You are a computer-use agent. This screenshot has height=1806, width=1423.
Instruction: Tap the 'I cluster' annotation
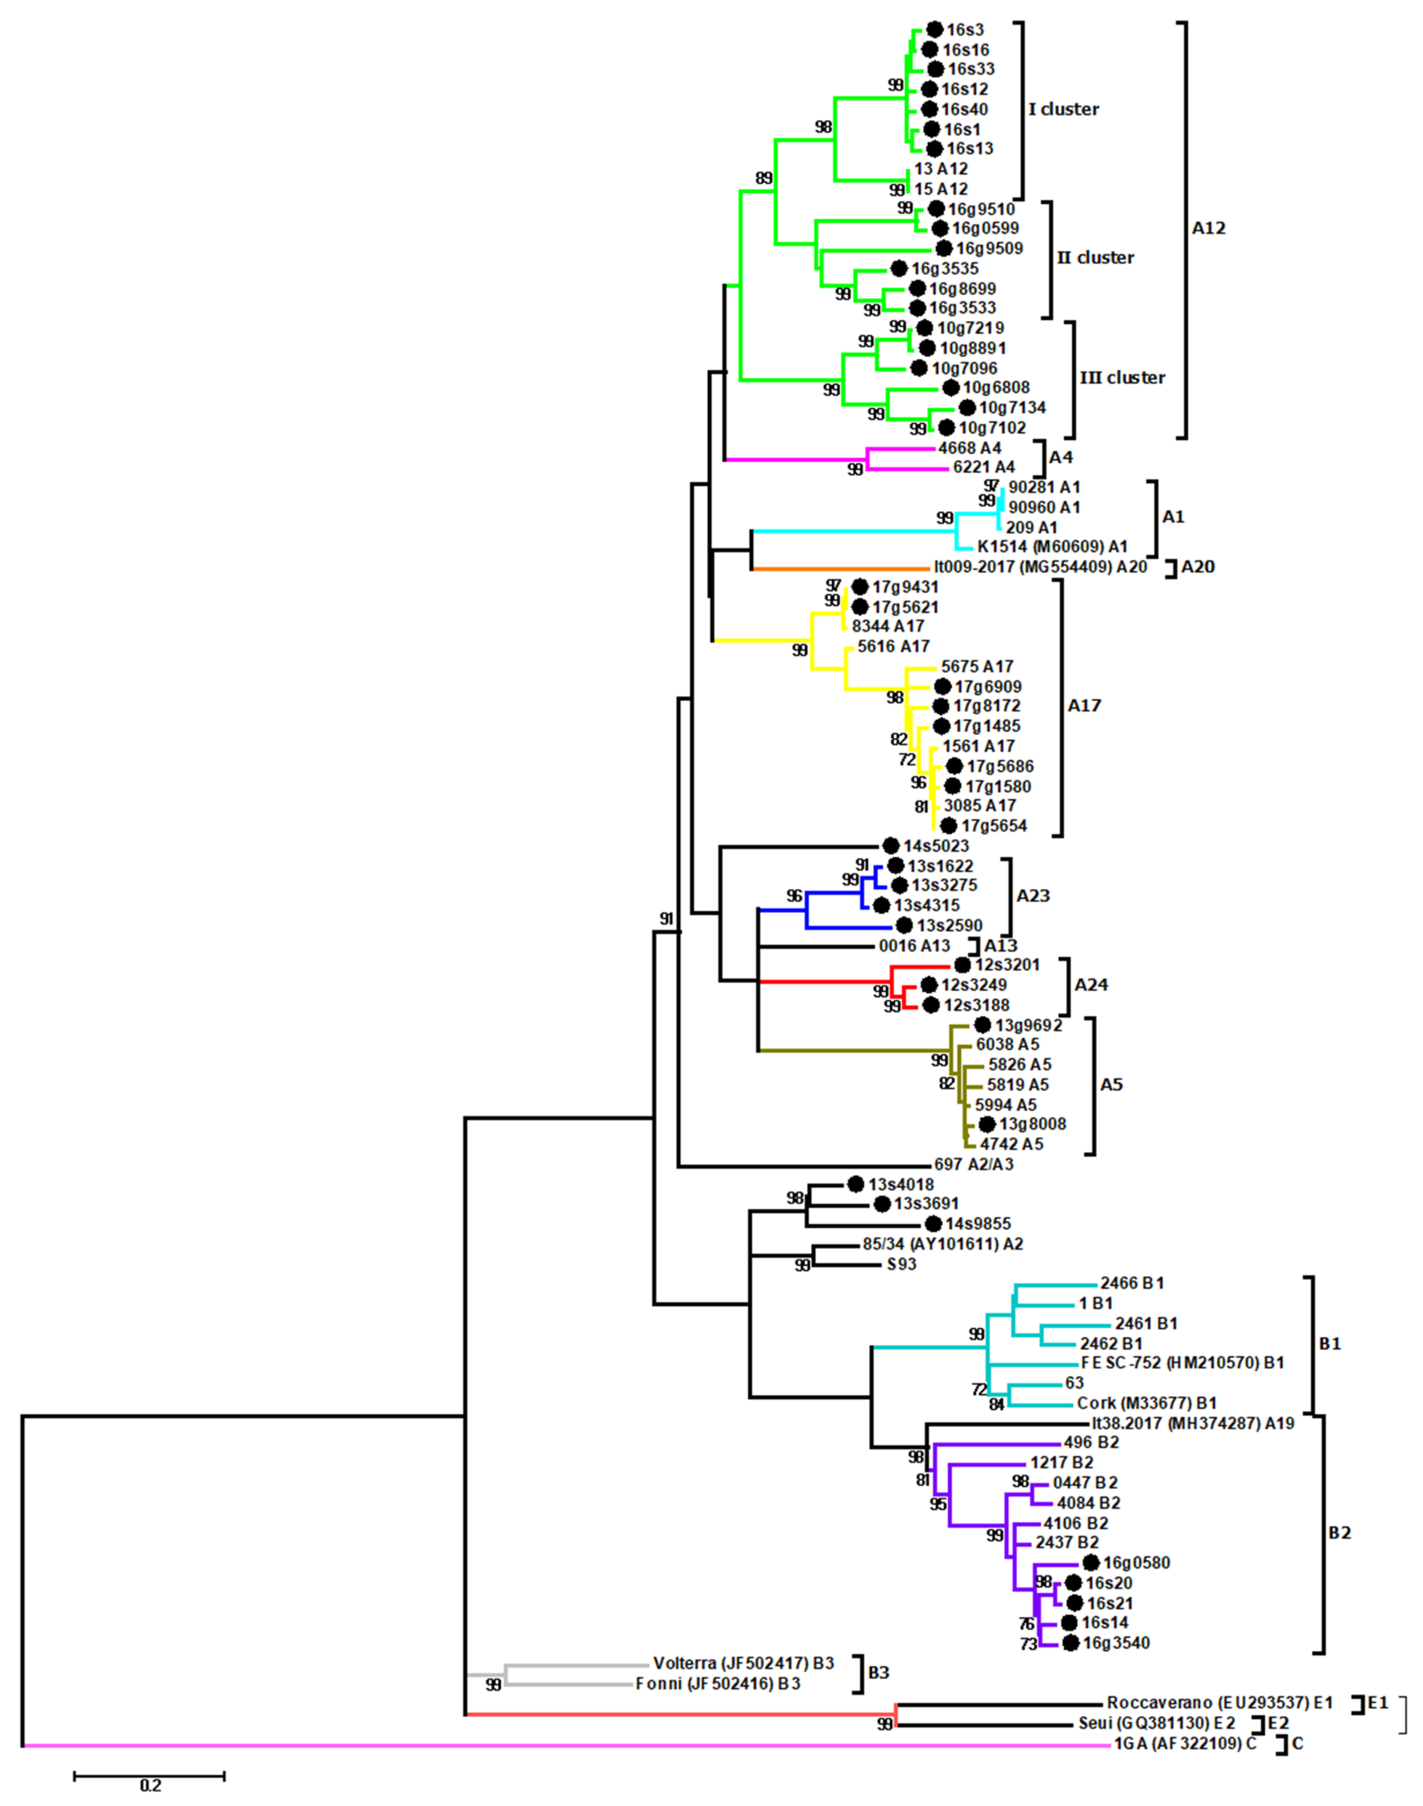pos(1063,109)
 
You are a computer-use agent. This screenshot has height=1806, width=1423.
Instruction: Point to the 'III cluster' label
pos(1121,377)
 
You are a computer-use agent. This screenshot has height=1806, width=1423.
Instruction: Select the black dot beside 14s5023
pos(891,846)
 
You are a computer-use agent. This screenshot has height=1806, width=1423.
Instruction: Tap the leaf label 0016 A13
pos(914,946)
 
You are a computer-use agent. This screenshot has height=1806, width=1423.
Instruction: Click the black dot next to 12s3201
pos(962,965)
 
